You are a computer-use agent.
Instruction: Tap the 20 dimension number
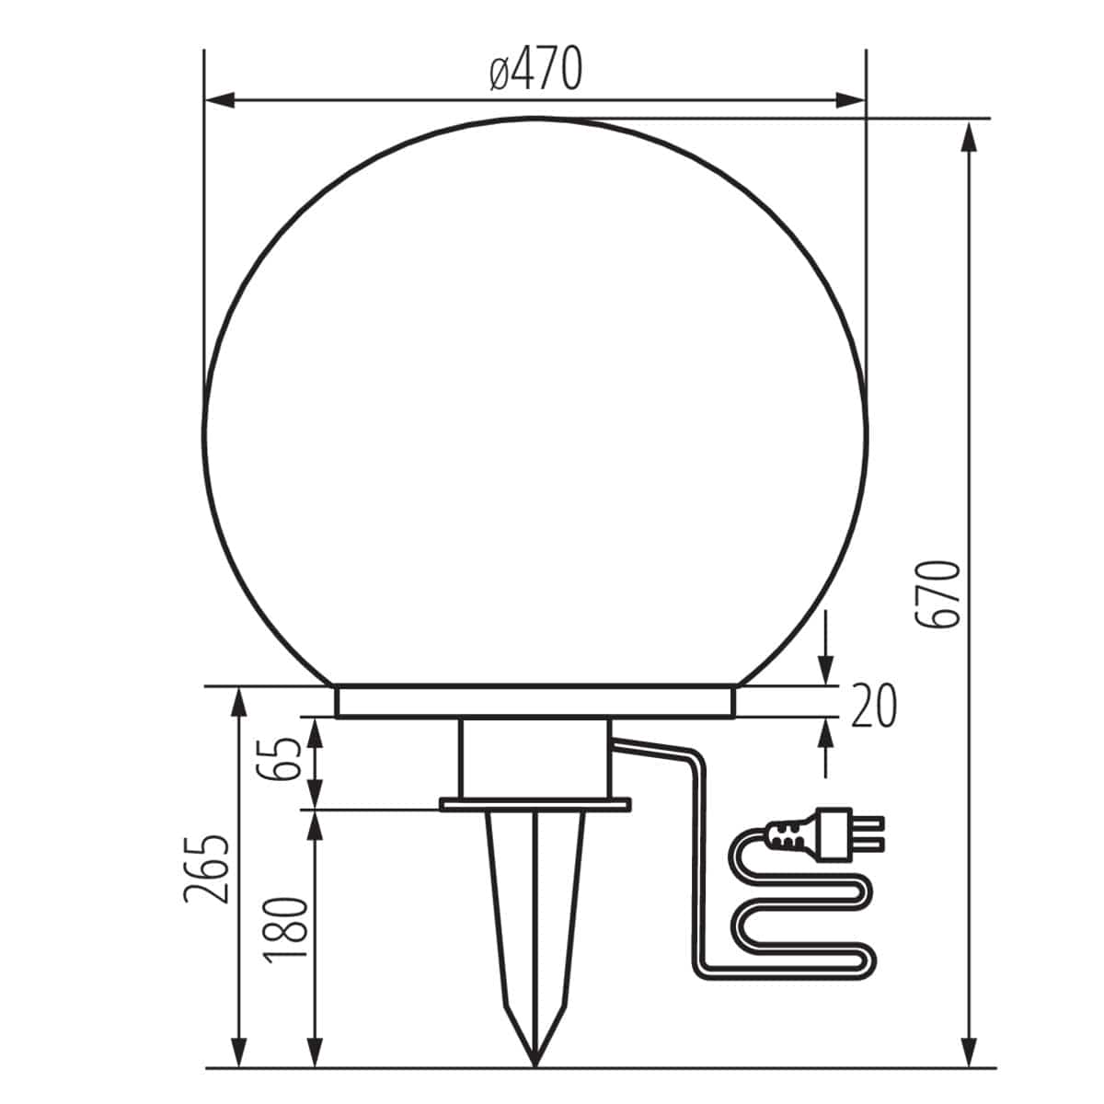pos(872,707)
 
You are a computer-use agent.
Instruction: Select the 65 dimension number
pos(287,760)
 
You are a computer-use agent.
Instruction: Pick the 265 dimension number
pos(205,869)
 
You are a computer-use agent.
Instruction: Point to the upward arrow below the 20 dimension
pos(825,732)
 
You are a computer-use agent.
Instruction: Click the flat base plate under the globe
pos(535,701)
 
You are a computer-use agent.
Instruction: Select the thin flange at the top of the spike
pos(535,805)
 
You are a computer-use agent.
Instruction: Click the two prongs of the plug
pos(868,832)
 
